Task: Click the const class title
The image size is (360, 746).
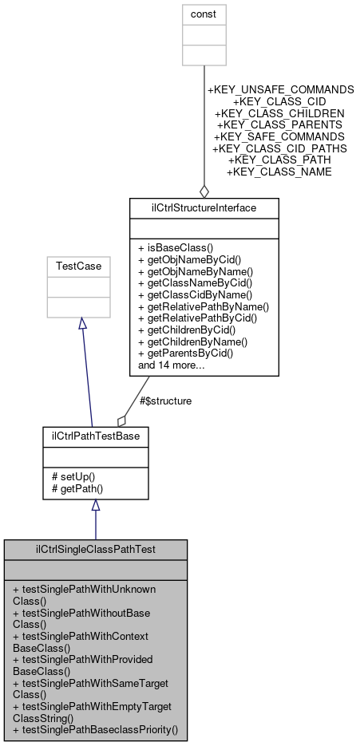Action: pos(204,14)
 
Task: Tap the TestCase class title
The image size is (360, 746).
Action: pos(78,266)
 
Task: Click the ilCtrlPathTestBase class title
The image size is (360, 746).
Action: pos(95,436)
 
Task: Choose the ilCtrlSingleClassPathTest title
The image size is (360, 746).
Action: pos(95,550)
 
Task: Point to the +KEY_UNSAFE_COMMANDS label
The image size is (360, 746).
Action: pos(280,90)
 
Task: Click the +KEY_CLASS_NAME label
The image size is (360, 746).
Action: pos(279,172)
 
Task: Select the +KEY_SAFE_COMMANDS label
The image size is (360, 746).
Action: pos(279,137)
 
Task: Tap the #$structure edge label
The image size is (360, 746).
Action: pos(165,401)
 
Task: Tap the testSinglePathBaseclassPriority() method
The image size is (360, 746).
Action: pos(95,729)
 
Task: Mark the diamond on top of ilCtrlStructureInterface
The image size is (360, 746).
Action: pos(204,191)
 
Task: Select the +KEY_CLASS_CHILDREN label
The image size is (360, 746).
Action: pos(280,114)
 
